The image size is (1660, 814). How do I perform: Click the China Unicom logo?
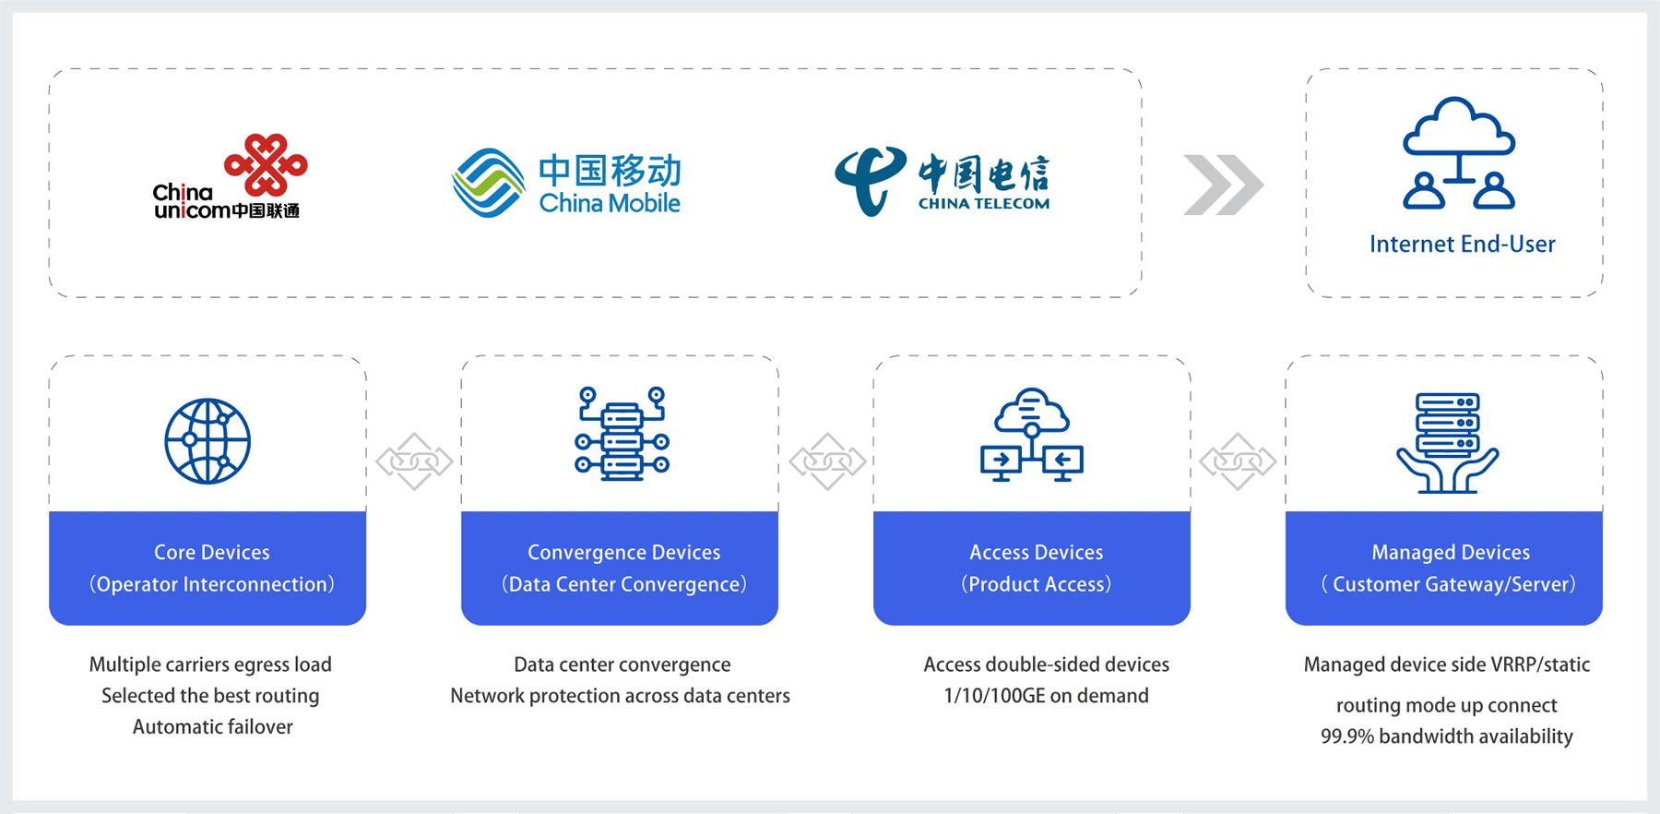pyautogui.click(x=230, y=176)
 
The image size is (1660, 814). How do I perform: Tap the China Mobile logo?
pyautogui.click(x=566, y=183)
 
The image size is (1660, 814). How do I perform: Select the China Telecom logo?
pyautogui.click(x=942, y=181)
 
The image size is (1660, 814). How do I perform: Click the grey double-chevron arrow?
pyautogui.click(x=1223, y=185)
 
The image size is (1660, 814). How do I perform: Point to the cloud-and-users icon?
pyautogui.click(x=1458, y=153)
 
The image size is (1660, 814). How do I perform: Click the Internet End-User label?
pyautogui.click(x=1462, y=244)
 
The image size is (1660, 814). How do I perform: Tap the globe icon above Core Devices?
pyautogui.click(x=207, y=441)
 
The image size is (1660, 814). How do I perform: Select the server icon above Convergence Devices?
pyautogui.click(x=622, y=433)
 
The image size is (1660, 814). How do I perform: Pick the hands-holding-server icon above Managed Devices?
pyautogui.click(x=1447, y=442)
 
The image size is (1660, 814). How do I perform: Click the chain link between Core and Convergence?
pyautogui.click(x=414, y=461)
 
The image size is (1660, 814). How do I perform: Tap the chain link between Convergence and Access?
pyautogui.click(x=827, y=461)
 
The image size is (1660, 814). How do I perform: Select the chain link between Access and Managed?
pyautogui.click(x=1238, y=461)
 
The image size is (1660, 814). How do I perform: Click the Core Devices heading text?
pyautogui.click(x=212, y=552)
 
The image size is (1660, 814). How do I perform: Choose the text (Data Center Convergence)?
pyautogui.click(x=623, y=584)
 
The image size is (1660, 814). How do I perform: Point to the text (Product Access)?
pyautogui.click(x=1036, y=584)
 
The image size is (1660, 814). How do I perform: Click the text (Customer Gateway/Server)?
pyautogui.click(x=1450, y=584)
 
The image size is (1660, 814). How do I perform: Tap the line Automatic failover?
pyautogui.click(x=212, y=726)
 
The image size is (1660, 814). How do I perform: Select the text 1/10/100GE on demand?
pyautogui.click(x=1046, y=696)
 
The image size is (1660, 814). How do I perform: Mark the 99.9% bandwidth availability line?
pyautogui.click(x=1446, y=736)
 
